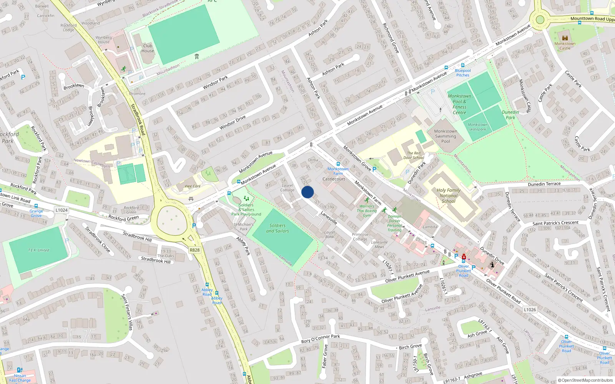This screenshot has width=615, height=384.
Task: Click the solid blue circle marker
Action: click(307, 192)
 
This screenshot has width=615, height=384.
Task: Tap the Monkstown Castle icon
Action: click(565, 38)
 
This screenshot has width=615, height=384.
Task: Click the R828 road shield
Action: click(195, 250)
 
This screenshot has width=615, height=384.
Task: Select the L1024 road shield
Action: click(61, 210)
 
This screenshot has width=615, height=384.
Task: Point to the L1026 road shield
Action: click(530, 310)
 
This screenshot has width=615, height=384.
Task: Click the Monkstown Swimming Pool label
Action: click(445, 136)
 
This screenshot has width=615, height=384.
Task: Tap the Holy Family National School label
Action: click(448, 195)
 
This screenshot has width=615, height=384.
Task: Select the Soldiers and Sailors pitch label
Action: click(278, 228)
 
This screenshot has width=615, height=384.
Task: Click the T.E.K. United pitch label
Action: click(38, 250)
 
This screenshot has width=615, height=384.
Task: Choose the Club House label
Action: click(148, 48)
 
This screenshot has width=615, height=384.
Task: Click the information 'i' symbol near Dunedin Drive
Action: click(492, 265)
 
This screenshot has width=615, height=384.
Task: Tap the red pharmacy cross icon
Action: click(464, 257)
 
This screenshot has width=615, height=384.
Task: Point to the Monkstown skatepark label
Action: click(477, 127)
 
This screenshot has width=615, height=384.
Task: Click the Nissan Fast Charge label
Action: click(20, 378)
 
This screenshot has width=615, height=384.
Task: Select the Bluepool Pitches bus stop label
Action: click(463, 73)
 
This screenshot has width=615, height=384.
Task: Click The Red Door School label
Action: click(414, 155)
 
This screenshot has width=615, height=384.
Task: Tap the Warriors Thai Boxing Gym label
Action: click(367, 211)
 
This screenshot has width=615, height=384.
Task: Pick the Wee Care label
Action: click(193, 186)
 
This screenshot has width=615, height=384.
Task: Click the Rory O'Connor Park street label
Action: click(321, 339)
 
